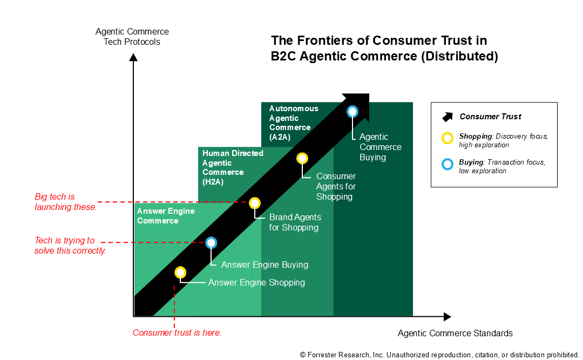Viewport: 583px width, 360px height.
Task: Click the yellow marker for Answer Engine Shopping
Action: point(180,273)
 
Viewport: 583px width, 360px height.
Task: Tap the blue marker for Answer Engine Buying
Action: point(212,243)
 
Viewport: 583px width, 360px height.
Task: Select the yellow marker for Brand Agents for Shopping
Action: point(255,203)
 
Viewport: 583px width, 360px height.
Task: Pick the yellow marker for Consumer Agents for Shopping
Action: point(302,158)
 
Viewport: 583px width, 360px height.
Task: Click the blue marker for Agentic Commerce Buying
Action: point(352,112)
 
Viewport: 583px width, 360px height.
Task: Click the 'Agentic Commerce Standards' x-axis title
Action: point(455,333)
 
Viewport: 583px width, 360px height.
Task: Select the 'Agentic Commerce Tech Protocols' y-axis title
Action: point(132,37)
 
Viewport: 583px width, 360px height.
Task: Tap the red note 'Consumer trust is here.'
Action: point(177,333)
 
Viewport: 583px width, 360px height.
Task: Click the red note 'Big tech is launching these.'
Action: point(66,201)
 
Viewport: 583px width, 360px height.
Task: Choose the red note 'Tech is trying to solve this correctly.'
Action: point(70,246)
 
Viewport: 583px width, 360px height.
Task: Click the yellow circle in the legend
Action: point(448,138)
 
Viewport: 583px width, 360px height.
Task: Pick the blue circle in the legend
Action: point(448,164)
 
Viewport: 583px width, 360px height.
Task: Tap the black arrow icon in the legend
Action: point(448,117)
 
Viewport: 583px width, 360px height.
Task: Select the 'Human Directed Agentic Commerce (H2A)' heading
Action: point(233,167)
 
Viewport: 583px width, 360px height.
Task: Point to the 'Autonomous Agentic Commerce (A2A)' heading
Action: point(294,123)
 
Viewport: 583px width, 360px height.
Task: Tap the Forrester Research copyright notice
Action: point(439,355)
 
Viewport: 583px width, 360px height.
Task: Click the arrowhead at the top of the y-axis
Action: point(132,56)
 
